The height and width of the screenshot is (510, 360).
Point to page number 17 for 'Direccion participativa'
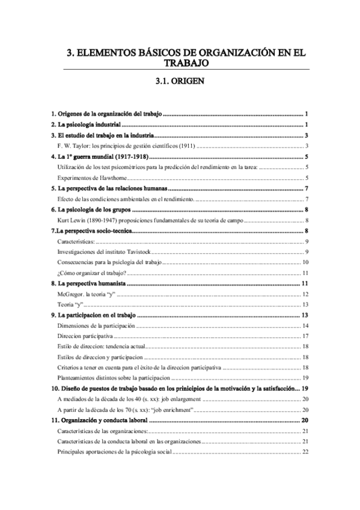[305, 336]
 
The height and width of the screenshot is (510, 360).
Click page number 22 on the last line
[305, 452]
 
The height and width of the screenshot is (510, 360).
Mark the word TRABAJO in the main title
[180, 63]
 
